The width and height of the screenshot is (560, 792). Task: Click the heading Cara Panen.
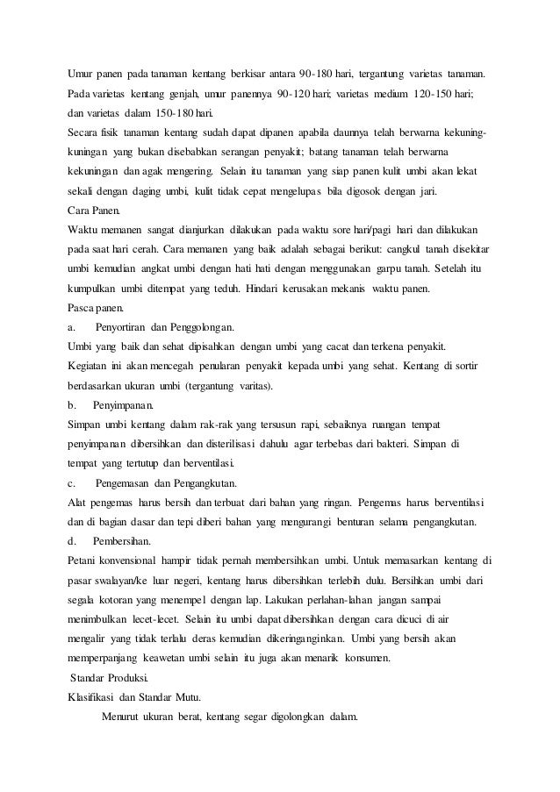pos(96,210)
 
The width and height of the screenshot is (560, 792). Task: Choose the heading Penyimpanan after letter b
pos(123,405)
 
